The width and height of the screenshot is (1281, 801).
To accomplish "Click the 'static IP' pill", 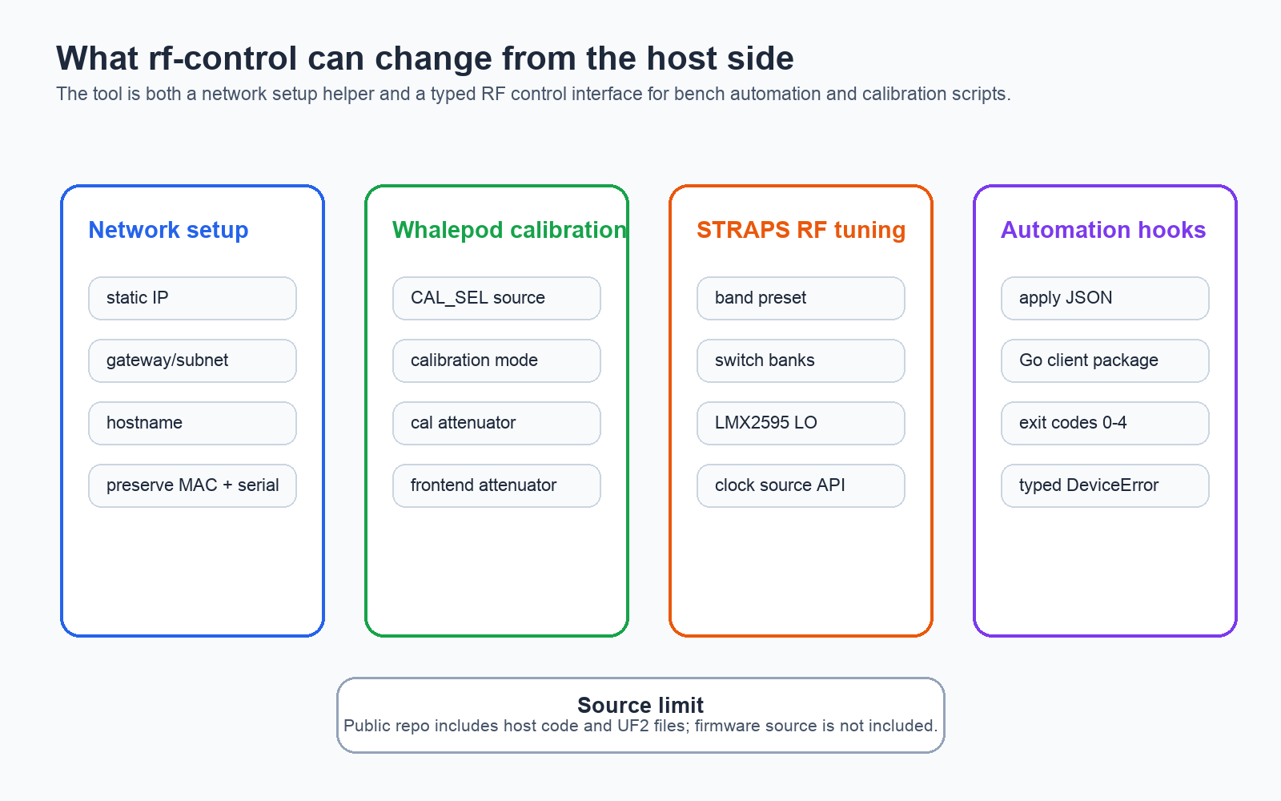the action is click(x=192, y=298).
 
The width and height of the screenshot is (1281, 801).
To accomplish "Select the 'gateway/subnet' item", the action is click(x=192, y=360).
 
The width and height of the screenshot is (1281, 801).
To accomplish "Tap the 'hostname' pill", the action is click(x=192, y=423).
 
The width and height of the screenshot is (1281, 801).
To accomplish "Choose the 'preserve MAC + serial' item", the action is click(x=192, y=485).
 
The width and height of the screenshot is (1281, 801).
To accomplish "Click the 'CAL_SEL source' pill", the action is click(x=496, y=298).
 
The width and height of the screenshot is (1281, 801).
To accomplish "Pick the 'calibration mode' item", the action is click(x=496, y=360).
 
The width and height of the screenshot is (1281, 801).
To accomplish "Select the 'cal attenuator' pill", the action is click(x=496, y=423).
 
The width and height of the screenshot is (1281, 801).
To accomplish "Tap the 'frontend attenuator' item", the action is click(x=496, y=485).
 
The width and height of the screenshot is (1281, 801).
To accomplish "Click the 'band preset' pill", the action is click(x=801, y=298).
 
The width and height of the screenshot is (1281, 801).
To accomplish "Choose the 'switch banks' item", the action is click(x=801, y=360).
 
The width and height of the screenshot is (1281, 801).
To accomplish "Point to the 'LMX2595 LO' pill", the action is click(x=801, y=423).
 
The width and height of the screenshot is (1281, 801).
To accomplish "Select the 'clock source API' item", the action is click(x=801, y=485).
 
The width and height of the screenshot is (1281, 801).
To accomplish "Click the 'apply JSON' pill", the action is click(x=1105, y=298).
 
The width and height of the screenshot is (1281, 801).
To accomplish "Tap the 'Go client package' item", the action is click(x=1105, y=360).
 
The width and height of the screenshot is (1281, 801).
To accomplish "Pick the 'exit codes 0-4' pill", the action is click(x=1105, y=423).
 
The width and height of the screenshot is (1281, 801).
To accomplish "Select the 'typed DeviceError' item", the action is click(x=1105, y=485).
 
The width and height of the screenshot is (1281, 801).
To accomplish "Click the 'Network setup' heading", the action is click(x=168, y=230).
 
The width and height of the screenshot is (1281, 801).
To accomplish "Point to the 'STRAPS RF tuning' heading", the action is click(x=801, y=230).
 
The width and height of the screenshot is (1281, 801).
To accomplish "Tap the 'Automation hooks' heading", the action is click(x=1103, y=230).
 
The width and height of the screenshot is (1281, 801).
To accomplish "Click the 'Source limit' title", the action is click(x=640, y=705).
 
